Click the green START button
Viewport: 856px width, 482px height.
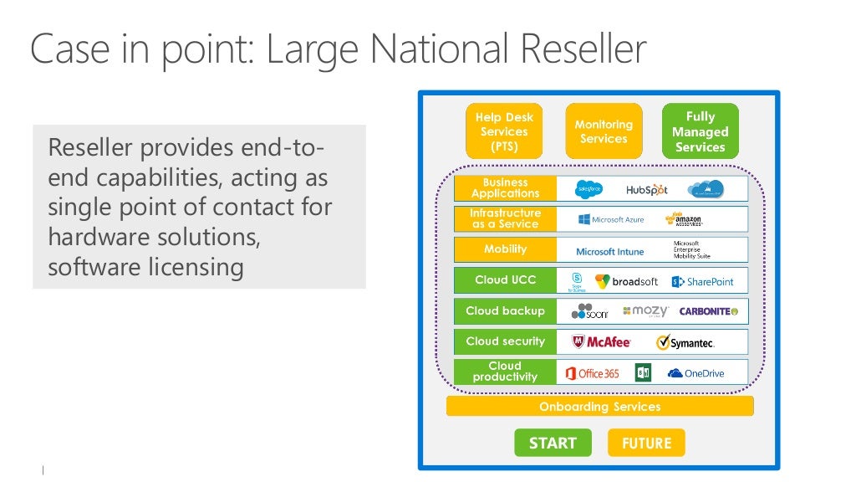coord(553,443)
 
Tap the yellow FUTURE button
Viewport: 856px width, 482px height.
coord(646,443)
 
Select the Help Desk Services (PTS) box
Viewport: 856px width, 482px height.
coord(504,131)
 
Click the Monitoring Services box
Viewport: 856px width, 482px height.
coord(604,131)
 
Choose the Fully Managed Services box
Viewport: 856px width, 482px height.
coord(701,131)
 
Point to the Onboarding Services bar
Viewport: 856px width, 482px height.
coord(599,407)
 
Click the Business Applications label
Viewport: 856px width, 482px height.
coord(505,187)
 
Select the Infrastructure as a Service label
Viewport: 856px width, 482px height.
coord(505,218)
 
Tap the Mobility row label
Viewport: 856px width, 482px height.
coord(505,249)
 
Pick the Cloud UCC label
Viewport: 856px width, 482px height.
coord(505,280)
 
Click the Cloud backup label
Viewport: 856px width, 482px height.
coord(505,310)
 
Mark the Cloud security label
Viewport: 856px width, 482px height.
coord(505,341)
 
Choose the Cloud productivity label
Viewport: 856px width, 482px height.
coord(505,372)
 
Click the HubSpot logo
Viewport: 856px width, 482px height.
coord(647,190)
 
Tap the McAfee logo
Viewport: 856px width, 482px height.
coord(601,342)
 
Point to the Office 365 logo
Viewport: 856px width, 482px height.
coord(593,373)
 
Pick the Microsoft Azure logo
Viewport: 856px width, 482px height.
coord(611,219)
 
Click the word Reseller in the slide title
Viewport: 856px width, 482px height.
coord(583,49)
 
